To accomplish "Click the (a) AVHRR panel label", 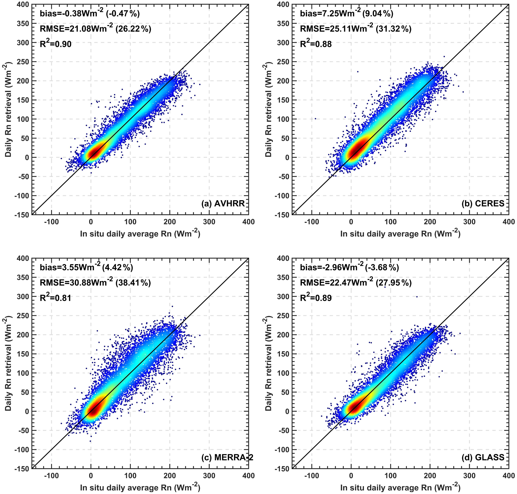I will pos(223,204).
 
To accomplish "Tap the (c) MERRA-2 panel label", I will pos(227,457).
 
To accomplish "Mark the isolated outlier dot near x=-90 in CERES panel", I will pos(315,119).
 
